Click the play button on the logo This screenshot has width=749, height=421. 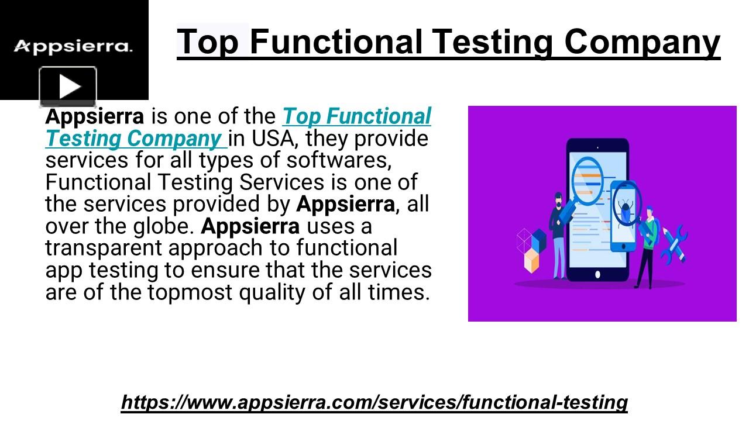point(68,87)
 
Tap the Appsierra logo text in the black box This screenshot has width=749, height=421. point(73,47)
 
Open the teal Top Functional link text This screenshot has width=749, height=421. point(356,116)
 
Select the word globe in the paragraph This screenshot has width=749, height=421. point(162,226)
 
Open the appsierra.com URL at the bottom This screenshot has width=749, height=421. point(374,402)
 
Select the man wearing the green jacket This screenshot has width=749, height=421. point(648,246)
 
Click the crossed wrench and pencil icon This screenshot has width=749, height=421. point(675,243)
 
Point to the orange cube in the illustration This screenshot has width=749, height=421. point(531,261)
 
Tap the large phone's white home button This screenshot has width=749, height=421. point(597,274)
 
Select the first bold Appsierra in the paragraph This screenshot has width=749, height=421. point(94,116)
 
